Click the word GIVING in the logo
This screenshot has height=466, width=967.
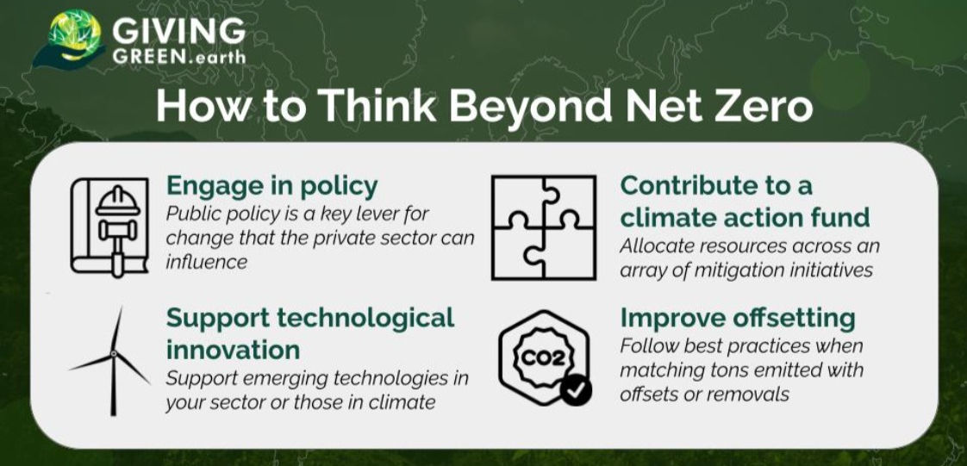pos(178,30)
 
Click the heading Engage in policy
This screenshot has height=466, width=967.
pos(272,186)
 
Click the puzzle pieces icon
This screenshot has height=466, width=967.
pos(544,227)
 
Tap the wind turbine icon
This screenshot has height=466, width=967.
pos(113,361)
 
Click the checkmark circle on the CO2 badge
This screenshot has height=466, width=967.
pos(576,390)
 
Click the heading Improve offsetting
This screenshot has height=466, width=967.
pos(738,318)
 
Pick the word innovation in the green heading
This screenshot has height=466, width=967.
pos(233,350)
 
